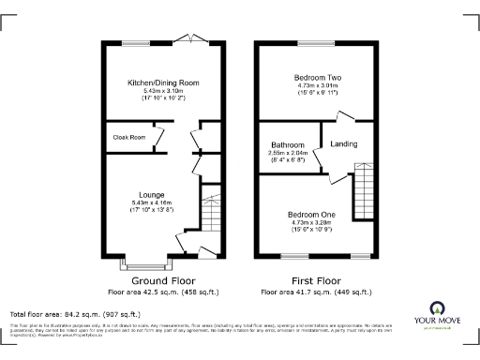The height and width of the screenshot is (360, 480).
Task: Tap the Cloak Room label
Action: pyautogui.click(x=128, y=138)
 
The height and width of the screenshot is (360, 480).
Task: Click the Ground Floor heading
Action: pyautogui.click(x=162, y=280)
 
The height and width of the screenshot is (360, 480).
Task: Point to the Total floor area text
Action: pyautogui.click(x=75, y=313)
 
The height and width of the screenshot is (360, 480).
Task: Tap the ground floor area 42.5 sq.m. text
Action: pyautogui.click(x=162, y=292)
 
